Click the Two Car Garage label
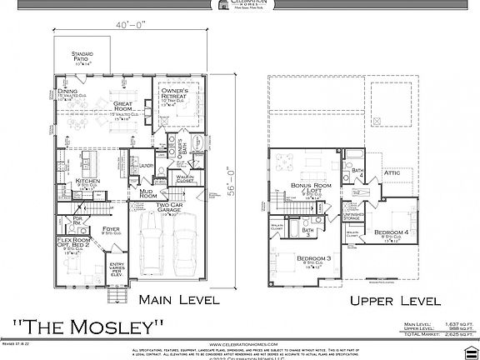click(x=170, y=205)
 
